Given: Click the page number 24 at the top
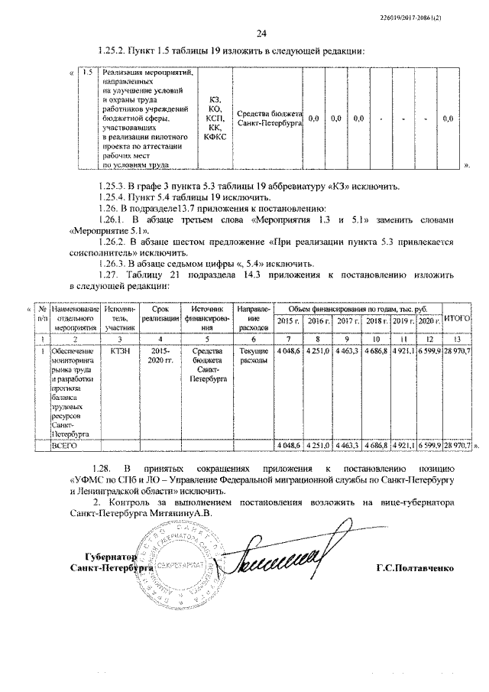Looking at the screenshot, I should click(261, 33).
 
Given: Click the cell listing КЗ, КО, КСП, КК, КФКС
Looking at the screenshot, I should click(214, 119).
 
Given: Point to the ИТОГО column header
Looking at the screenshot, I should click(456, 317).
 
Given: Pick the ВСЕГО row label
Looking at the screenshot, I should click(60, 444).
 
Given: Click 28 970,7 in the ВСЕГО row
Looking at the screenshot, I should click(456, 444).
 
